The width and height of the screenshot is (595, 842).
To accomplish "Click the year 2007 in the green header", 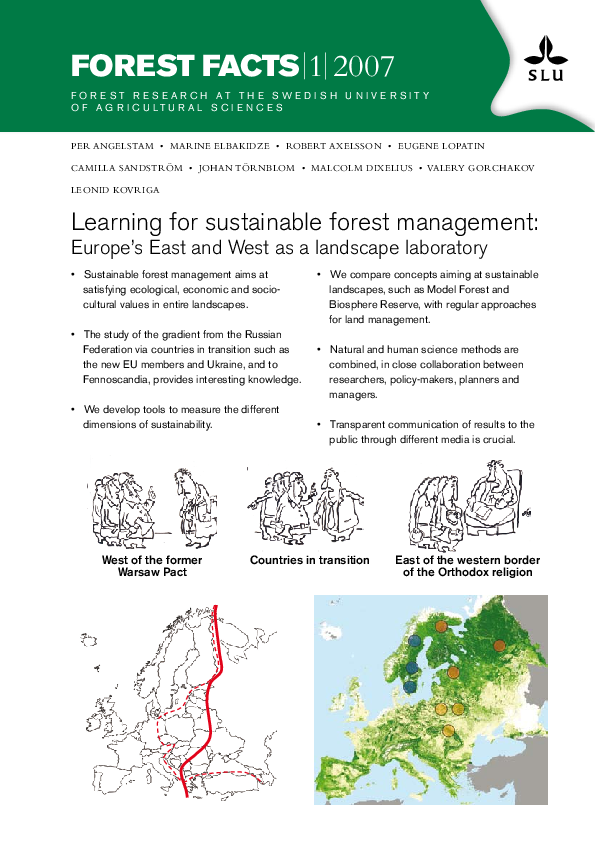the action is tap(365, 66).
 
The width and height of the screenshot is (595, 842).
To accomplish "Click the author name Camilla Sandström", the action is tap(127, 167).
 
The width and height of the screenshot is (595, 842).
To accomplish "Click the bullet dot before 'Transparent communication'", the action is tap(319, 424).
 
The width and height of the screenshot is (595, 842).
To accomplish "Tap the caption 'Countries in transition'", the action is tap(310, 560).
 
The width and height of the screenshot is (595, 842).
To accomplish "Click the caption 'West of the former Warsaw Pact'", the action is tap(152, 566).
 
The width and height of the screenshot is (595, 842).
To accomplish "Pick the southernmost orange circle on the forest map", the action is tap(448, 729).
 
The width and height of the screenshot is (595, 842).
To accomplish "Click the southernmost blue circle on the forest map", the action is tap(409, 687).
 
